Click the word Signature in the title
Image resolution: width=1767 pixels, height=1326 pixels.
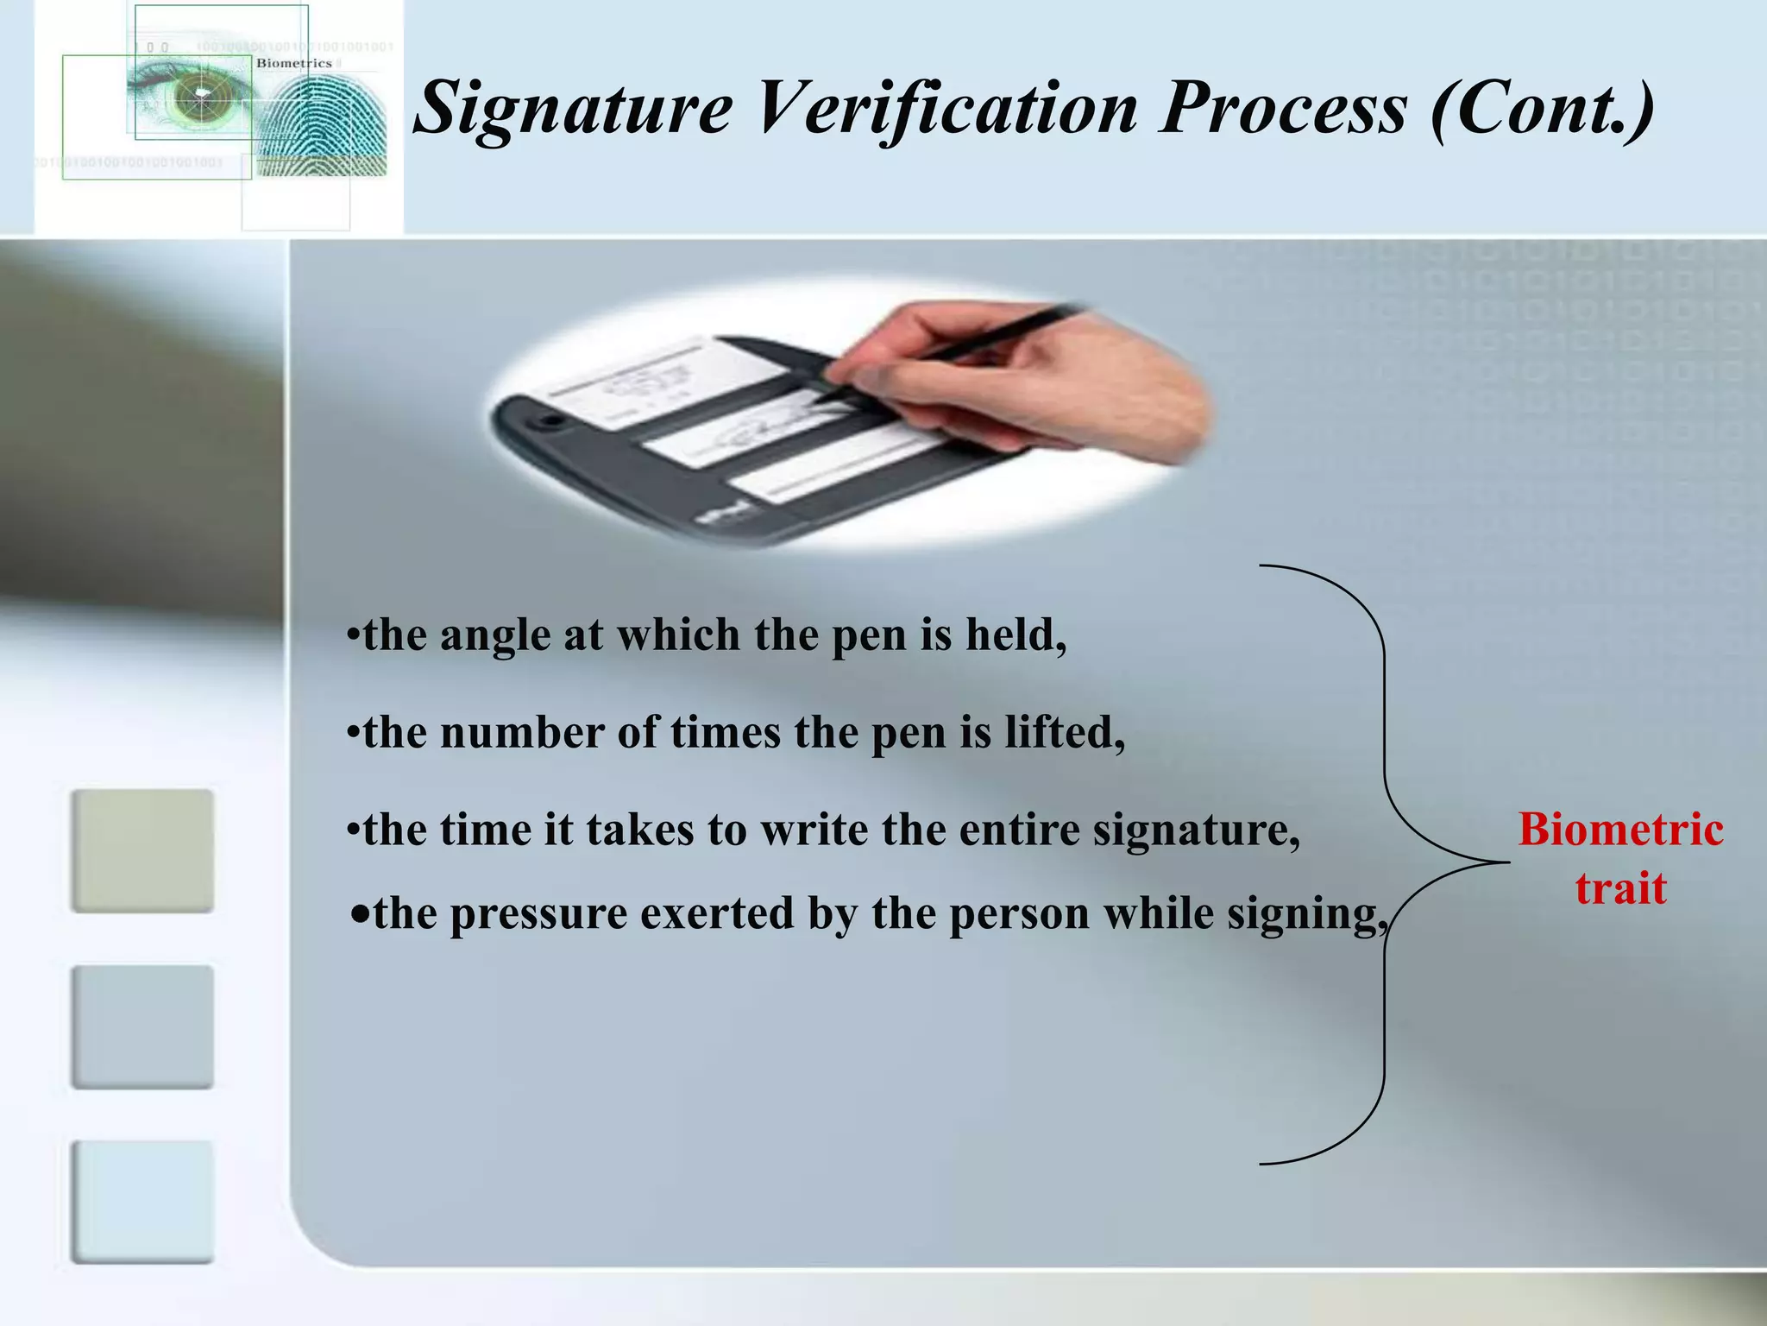click(x=574, y=109)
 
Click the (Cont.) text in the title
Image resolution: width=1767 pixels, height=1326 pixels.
click(x=1543, y=109)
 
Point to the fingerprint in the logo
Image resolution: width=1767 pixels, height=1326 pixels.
click(x=324, y=129)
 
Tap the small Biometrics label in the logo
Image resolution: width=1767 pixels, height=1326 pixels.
click(x=293, y=63)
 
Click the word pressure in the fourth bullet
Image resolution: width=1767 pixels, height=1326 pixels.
click(x=538, y=914)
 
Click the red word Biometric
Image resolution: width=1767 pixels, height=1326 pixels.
click(x=1620, y=830)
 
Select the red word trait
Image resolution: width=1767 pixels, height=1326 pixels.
click(x=1620, y=888)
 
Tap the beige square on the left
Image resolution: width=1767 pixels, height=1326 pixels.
click(x=142, y=850)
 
